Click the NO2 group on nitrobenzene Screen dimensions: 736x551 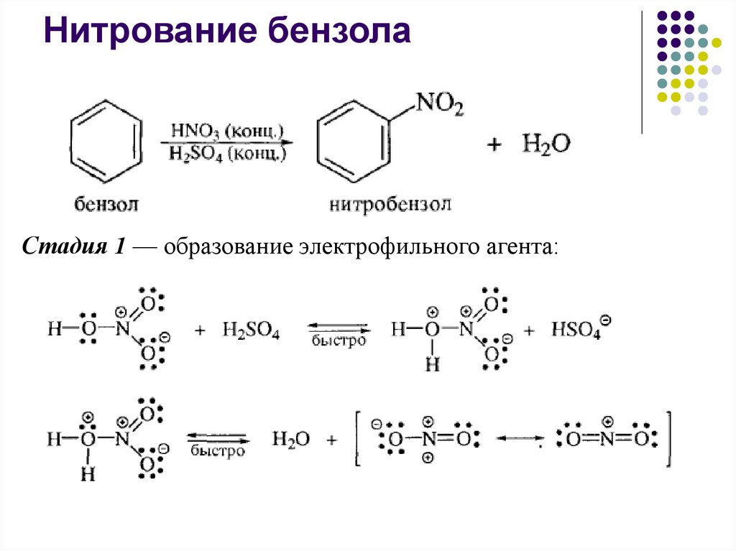440,107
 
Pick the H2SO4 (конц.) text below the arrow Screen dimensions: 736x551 228,152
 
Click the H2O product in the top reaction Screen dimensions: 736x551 546,144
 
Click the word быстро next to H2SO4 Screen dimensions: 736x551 339,341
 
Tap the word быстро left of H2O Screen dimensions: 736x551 218,451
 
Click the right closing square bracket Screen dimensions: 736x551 668,439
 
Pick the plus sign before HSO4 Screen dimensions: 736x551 530,331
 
